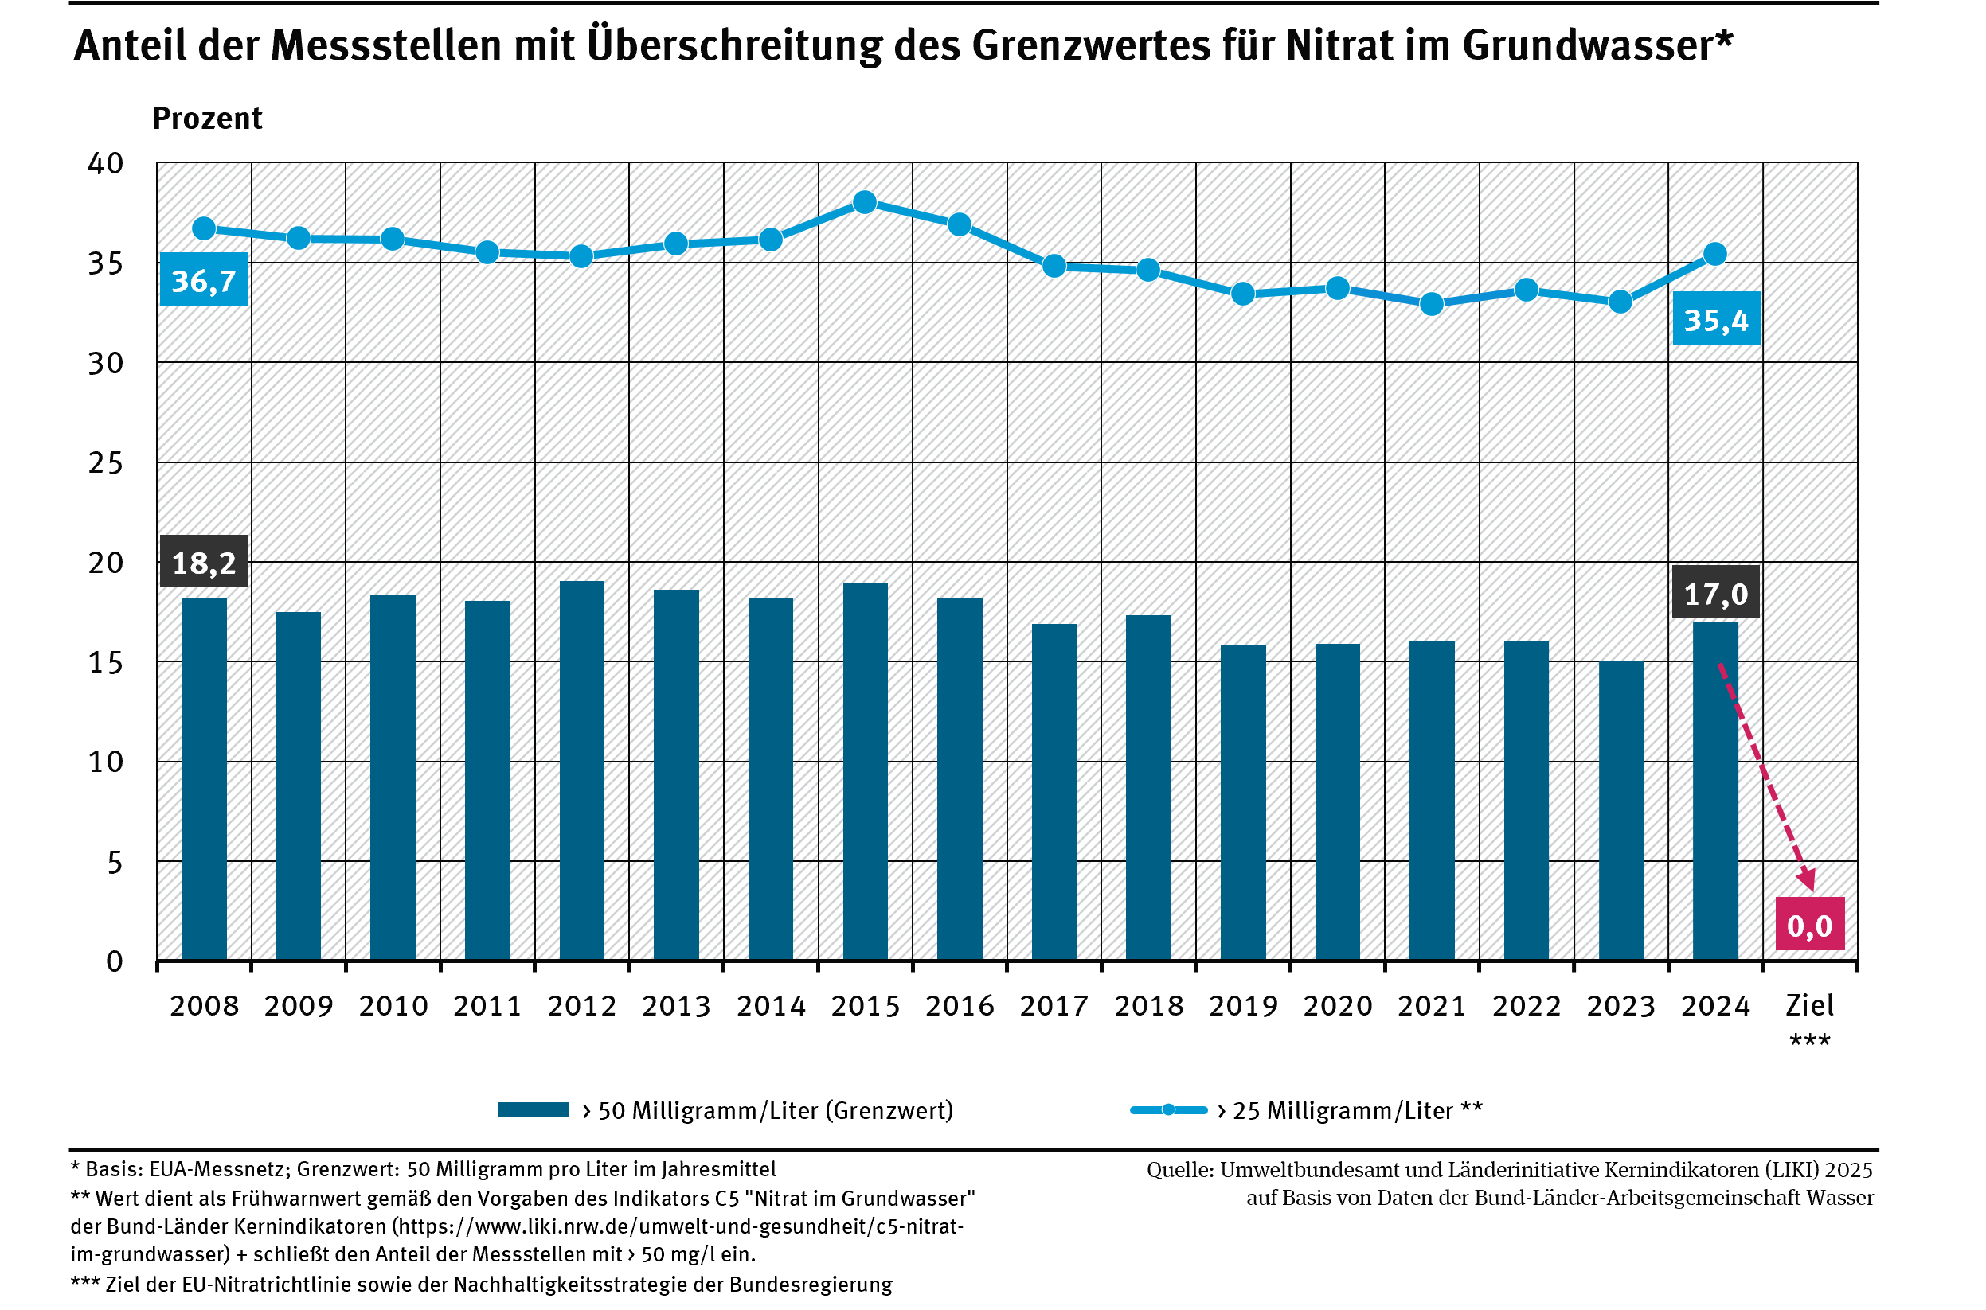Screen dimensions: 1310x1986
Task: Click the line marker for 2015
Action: pos(865,202)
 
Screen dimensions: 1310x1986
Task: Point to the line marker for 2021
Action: pos(1432,304)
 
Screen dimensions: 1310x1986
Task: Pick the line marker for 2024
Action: pos(1715,254)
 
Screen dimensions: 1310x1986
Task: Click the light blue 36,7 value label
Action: pos(204,280)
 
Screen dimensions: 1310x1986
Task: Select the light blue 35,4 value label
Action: pos(1716,319)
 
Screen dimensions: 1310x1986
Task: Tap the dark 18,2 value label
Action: pos(204,562)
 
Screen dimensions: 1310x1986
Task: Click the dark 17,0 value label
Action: pos(1716,593)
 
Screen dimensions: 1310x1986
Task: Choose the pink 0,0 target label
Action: pos(1810,926)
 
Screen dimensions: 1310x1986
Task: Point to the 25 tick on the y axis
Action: pos(106,463)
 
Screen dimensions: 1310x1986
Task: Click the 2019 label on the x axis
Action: pos(1243,1006)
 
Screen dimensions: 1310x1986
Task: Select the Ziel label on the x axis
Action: pos(1810,1006)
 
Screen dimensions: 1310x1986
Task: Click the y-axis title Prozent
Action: pos(207,119)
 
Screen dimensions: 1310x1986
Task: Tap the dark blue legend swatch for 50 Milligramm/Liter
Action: pos(534,1110)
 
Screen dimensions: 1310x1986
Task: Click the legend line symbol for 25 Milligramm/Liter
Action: pos(1168,1110)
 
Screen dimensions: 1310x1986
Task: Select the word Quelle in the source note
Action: pos(1179,1171)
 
